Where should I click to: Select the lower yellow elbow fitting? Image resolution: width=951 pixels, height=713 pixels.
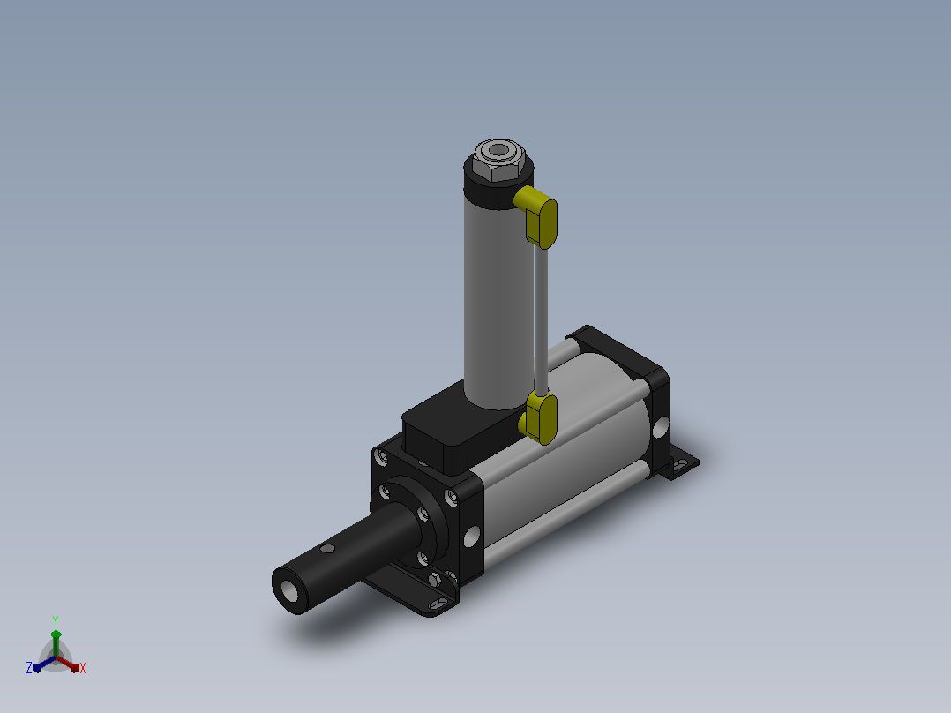(x=538, y=417)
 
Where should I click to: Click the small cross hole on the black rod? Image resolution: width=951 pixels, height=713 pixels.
(x=327, y=549)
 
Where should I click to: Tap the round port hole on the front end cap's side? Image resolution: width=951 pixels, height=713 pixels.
(x=472, y=537)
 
